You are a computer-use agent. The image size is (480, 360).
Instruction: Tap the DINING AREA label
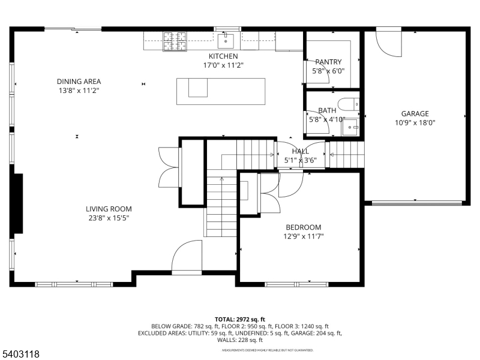click(79, 82)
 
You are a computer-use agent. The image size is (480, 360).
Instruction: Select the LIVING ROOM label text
click(109, 209)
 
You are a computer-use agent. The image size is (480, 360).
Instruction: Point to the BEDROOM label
click(303, 227)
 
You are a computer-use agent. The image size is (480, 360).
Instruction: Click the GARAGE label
click(415, 113)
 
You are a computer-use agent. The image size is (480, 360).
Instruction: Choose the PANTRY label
click(328, 62)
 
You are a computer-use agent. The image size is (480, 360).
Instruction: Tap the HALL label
click(301, 151)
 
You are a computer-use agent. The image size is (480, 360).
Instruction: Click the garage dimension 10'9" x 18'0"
click(415, 122)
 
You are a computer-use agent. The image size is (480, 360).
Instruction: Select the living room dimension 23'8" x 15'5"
click(109, 218)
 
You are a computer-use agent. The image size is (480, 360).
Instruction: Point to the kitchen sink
click(226, 41)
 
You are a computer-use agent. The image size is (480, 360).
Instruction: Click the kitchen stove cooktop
click(175, 41)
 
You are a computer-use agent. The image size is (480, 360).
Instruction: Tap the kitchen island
click(221, 91)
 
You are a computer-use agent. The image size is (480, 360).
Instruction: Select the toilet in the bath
click(347, 105)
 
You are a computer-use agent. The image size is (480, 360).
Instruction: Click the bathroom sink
click(354, 127)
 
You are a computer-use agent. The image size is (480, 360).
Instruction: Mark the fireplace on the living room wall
click(18, 203)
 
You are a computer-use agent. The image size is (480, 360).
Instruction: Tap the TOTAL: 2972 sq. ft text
click(240, 319)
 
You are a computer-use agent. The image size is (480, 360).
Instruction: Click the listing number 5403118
click(21, 354)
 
